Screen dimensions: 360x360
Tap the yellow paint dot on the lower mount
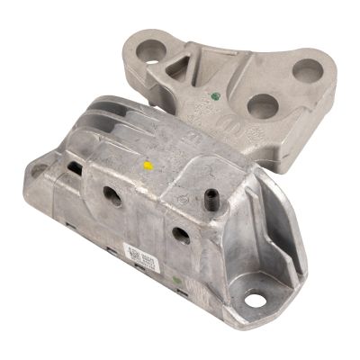(x=147, y=166)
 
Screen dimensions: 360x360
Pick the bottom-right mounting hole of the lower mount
(x=255, y=301)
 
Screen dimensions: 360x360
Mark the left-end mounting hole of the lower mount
(x=39, y=169)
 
